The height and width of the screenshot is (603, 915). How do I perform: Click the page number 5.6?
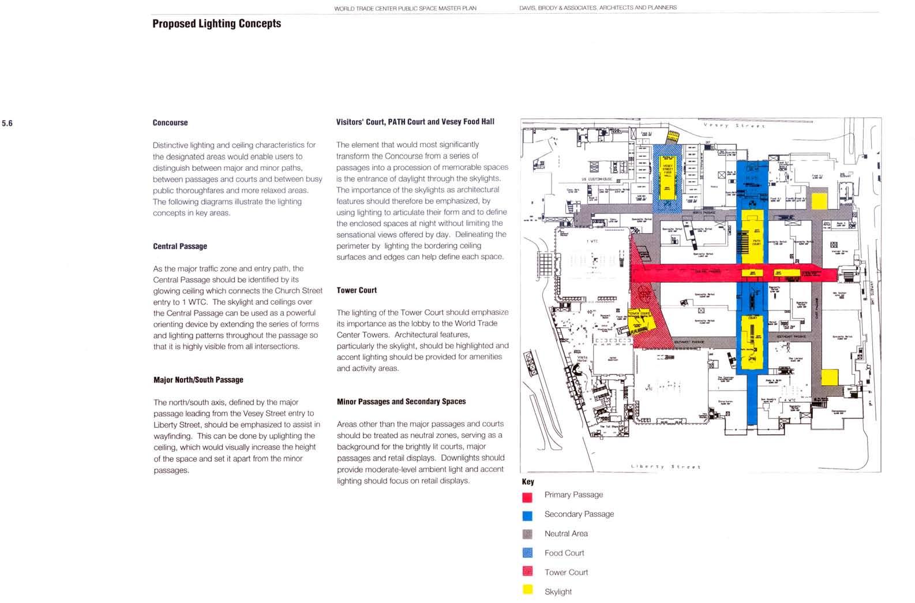[7, 123]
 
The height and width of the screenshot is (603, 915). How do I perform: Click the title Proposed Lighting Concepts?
[216, 24]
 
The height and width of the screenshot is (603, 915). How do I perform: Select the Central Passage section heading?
[180, 246]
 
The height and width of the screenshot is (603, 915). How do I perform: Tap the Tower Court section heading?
[357, 290]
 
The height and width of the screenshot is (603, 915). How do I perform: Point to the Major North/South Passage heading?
[198, 380]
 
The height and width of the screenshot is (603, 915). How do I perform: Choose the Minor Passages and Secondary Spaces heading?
[401, 402]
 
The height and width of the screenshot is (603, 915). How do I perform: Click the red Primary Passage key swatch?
[527, 497]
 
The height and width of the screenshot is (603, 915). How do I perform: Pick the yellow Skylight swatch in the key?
[527, 590]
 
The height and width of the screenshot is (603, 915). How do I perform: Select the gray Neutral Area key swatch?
[527, 534]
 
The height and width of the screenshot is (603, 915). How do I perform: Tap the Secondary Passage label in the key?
[579, 514]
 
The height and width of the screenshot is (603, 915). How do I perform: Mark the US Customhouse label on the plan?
[597, 179]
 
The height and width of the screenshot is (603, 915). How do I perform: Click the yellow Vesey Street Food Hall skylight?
[667, 179]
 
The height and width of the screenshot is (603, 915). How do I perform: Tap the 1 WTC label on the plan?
[592, 241]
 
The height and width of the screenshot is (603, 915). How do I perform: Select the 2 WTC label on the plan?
[649, 387]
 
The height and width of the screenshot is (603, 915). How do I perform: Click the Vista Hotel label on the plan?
[582, 359]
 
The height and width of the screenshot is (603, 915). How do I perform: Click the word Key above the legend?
[528, 482]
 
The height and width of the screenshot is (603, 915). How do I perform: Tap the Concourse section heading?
[170, 123]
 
